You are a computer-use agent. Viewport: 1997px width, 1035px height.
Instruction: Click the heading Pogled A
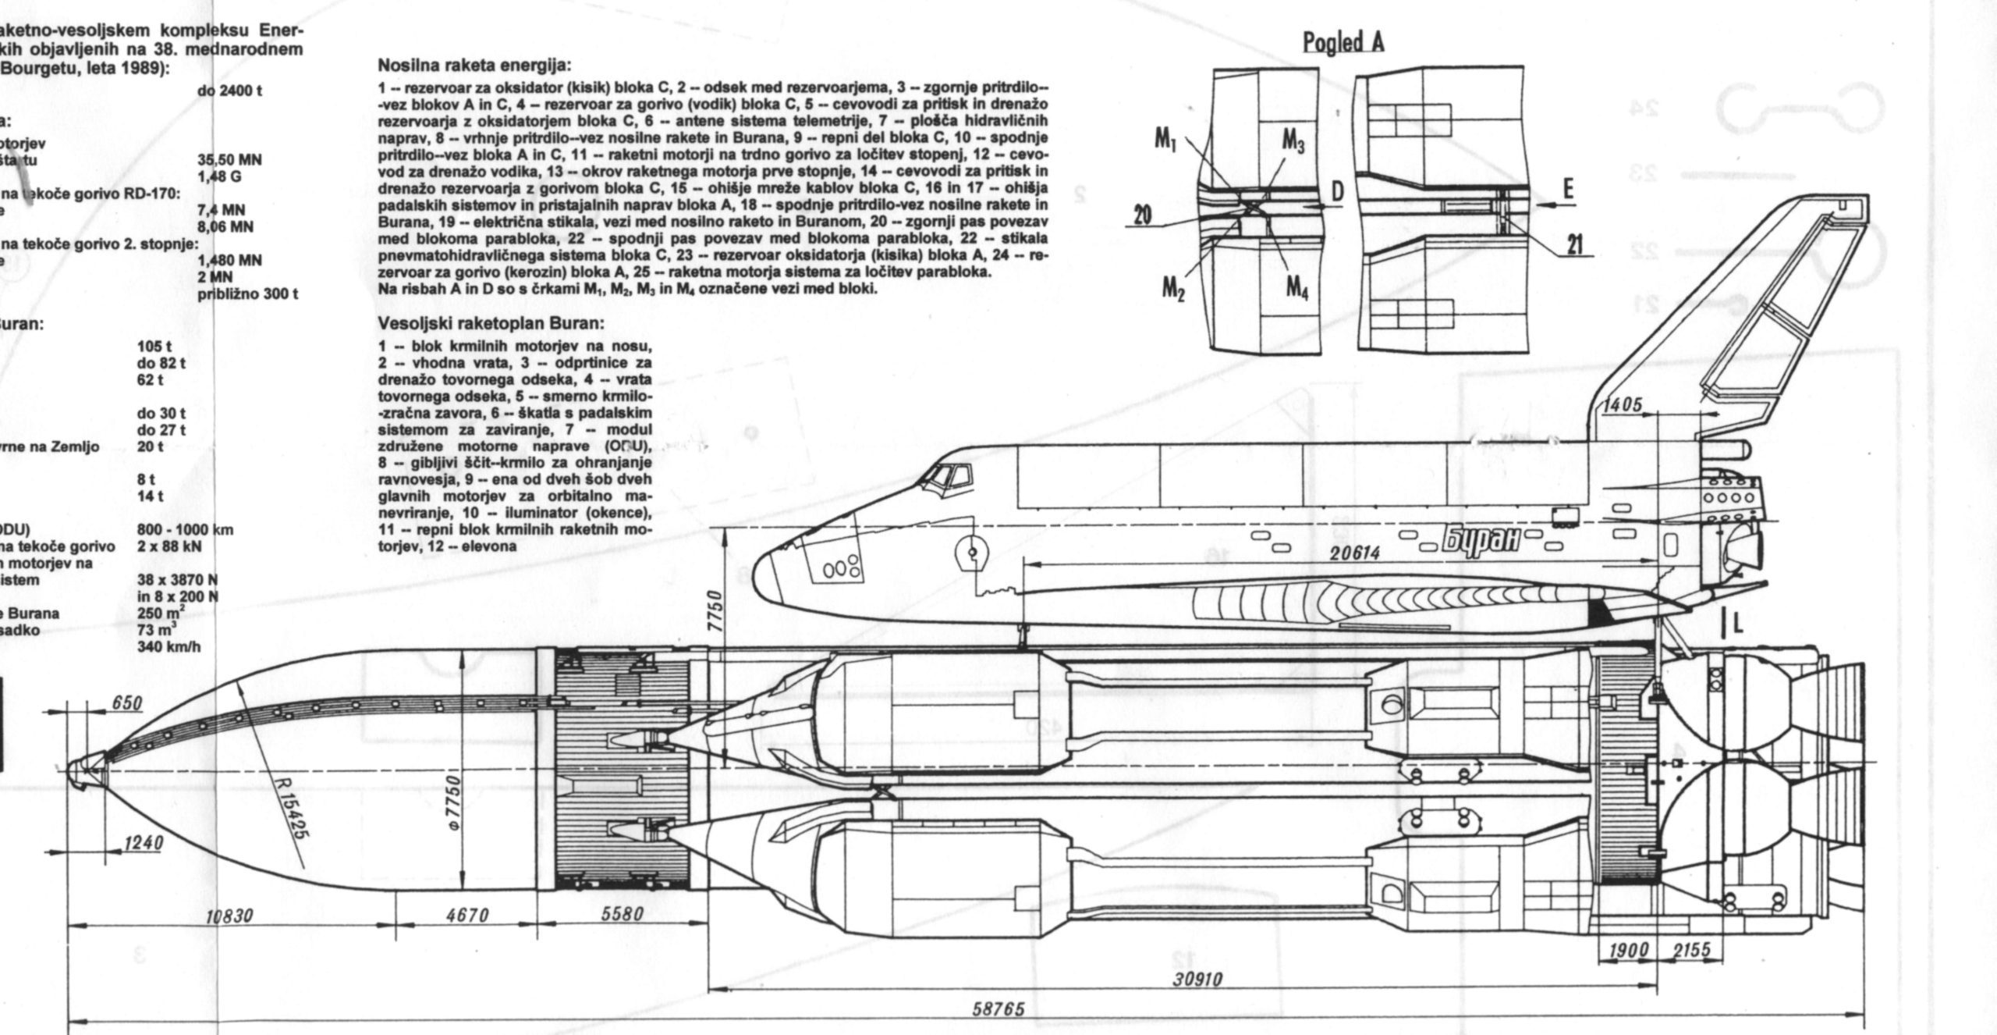tap(1344, 42)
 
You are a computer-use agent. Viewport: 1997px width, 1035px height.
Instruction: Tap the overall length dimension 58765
tap(998, 1009)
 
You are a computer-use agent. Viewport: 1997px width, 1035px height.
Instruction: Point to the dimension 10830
tap(229, 916)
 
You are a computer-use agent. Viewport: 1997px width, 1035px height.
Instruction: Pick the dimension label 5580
tap(622, 915)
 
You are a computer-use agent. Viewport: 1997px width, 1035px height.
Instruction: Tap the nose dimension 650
tap(126, 704)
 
